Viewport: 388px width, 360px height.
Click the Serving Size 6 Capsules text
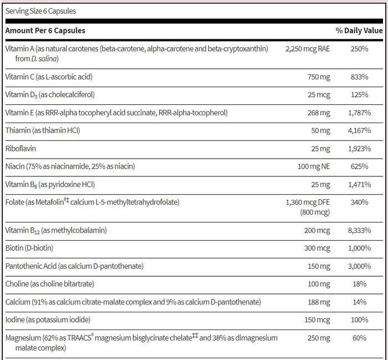40,11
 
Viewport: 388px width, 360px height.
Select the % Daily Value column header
359,31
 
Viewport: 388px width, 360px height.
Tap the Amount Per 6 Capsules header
45,31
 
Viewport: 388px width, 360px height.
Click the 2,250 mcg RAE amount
308,49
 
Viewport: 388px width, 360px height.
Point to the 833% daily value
359,77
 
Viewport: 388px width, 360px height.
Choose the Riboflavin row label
21,149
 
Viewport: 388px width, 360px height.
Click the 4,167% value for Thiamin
359,130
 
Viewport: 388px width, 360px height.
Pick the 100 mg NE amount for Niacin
314,166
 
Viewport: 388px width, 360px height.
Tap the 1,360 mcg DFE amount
308,202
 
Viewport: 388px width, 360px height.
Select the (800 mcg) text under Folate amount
315,212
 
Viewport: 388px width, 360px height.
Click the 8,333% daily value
359,231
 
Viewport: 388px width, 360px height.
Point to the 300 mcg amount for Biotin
317,248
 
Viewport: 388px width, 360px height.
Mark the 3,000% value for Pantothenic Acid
359,266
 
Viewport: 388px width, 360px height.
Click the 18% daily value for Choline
360,284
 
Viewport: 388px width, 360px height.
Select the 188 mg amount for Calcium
319,302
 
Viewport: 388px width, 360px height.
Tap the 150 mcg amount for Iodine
317,320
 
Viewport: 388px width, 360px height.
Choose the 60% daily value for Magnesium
360,338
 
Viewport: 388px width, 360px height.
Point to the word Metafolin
49,202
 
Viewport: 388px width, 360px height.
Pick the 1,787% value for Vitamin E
359,113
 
